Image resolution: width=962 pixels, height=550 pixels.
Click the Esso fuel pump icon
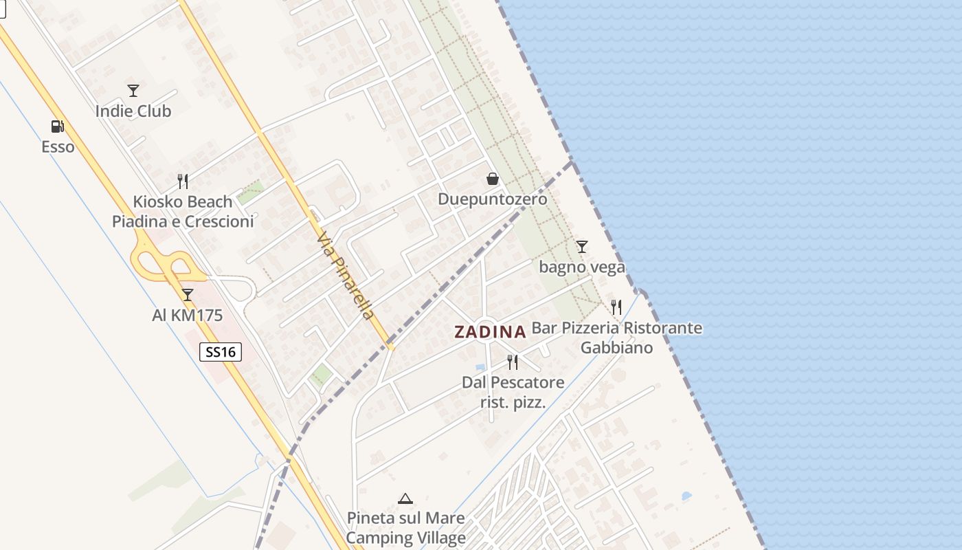click(x=58, y=126)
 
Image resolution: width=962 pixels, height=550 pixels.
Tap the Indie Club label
click(x=133, y=111)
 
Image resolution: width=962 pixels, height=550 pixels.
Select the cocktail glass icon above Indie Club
click(x=133, y=90)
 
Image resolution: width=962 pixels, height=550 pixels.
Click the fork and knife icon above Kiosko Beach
click(x=183, y=181)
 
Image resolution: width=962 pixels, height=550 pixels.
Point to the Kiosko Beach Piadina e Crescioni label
click(x=183, y=212)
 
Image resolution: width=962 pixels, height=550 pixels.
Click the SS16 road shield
click(x=221, y=352)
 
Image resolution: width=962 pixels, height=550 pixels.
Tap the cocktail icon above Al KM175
click(x=188, y=295)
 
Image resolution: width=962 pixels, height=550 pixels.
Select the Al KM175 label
click(x=188, y=316)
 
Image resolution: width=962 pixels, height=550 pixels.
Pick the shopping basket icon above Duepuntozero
click(x=493, y=179)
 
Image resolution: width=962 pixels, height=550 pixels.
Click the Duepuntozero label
click(x=493, y=199)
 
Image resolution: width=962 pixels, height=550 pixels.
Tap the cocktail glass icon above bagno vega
click(x=582, y=246)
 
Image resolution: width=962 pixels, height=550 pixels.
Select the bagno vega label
click(x=582, y=267)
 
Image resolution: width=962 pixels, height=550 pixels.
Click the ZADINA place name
click(x=490, y=332)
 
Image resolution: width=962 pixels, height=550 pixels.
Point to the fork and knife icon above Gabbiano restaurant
click(x=616, y=307)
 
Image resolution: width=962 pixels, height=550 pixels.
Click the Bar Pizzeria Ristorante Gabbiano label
click(x=616, y=338)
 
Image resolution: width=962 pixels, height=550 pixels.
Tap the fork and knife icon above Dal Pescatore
click(x=513, y=362)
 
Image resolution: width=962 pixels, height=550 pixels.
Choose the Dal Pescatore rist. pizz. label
click(x=513, y=392)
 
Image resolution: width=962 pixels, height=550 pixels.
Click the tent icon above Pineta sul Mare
click(x=405, y=498)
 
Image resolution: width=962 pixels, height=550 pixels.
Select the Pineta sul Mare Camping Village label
click(x=405, y=528)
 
